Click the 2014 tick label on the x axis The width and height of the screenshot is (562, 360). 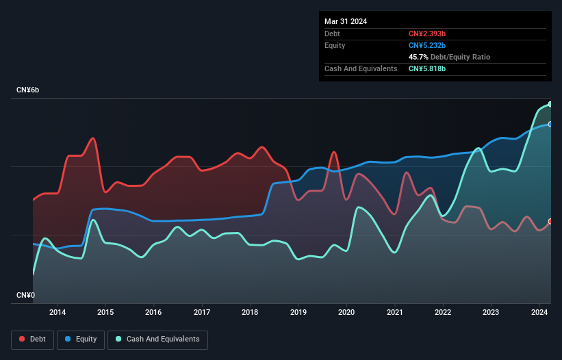pos(58,313)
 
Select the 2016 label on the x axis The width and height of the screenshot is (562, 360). pos(154,313)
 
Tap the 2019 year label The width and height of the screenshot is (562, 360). pos(298,313)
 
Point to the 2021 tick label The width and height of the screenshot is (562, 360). pos(395,313)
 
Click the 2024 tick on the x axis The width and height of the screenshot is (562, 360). pos(539,313)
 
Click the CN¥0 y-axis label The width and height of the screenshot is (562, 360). pos(26,296)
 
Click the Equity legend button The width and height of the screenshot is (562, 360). pos(81,339)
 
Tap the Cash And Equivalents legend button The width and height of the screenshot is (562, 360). pos(157,339)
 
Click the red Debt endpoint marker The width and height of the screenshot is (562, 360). pos(550,221)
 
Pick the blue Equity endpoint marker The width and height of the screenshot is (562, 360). pos(550,124)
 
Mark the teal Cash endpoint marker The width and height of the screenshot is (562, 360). pos(550,104)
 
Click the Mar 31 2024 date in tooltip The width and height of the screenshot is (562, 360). pos(346,21)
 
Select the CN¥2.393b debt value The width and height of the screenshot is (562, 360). pos(428,34)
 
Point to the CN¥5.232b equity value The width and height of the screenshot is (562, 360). pos(428,45)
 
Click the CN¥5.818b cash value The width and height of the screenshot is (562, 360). pos(428,68)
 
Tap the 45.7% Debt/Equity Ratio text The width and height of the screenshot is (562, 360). pos(449,57)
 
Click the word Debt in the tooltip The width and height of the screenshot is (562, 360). pos(332,34)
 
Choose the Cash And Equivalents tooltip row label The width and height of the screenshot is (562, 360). pos(361,68)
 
